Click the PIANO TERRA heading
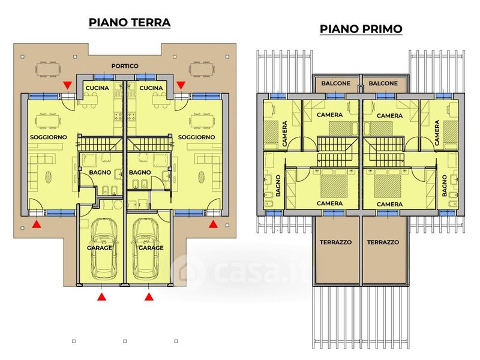(130, 23)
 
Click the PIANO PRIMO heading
(361, 29)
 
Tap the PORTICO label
(125, 66)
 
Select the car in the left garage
(104, 248)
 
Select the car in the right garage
(146, 248)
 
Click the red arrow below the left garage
(101, 296)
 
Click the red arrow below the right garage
(149, 296)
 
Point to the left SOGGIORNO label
(49, 137)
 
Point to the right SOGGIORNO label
(197, 137)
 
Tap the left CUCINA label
(97, 88)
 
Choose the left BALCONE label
(336, 83)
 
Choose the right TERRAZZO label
(383, 242)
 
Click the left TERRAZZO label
(336, 242)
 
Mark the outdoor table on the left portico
(49, 69)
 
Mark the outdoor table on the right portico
(202, 69)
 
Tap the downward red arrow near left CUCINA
(67, 85)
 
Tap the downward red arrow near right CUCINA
(181, 85)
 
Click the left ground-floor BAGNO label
(100, 173)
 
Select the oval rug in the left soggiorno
(49, 177)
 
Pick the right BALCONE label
(383, 83)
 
